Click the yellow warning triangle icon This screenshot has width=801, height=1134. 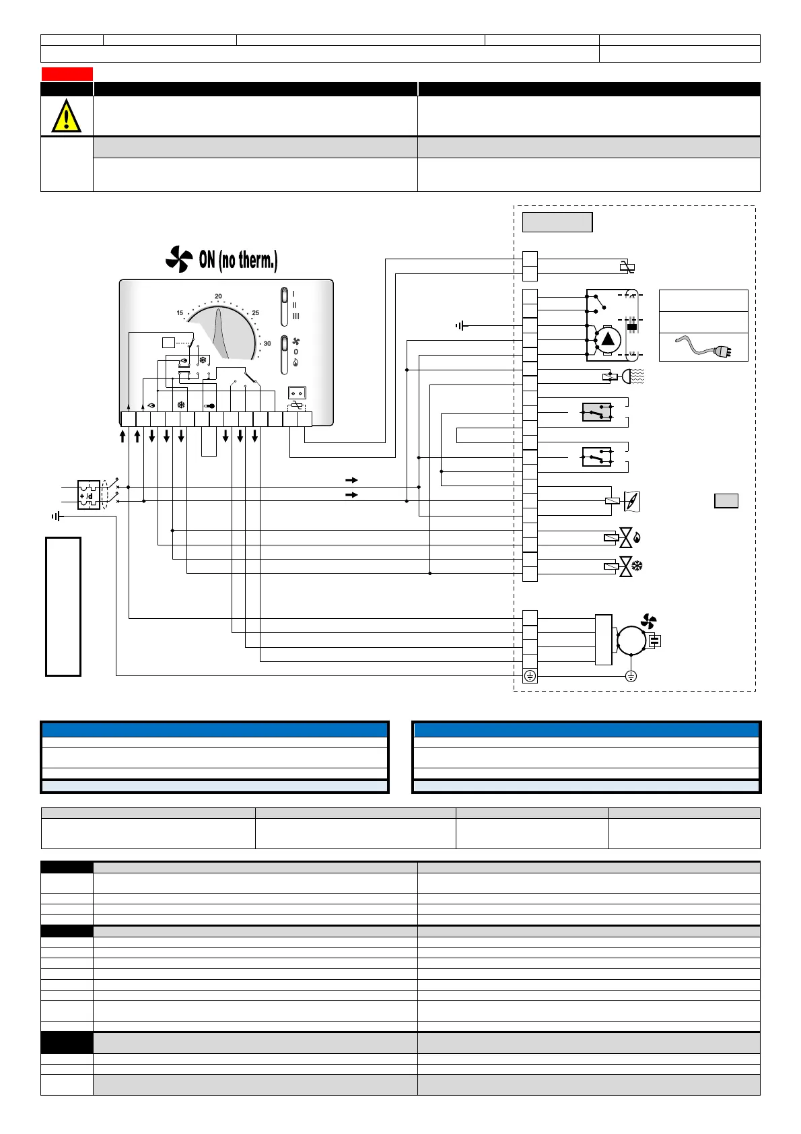pos(66,116)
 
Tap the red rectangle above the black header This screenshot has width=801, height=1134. pos(67,74)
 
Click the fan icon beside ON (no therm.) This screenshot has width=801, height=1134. pos(179,259)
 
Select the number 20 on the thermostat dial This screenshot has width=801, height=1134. pos(218,296)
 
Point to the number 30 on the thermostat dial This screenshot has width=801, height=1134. pos(267,343)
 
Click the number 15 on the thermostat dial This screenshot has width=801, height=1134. pos(180,313)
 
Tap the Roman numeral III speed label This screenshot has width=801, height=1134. pos(295,316)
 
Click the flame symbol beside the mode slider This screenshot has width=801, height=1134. pos(295,362)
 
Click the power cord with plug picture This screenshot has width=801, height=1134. pos(703,347)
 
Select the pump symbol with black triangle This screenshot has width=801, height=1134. pos(607,339)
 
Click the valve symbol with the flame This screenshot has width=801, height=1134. pos(627,537)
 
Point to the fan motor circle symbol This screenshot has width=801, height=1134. pos(631,640)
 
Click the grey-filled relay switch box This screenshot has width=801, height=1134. pos(596,412)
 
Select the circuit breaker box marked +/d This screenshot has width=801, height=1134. pos(89,494)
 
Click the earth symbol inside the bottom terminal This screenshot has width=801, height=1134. pos(530,676)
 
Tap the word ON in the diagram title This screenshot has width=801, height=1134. pos(207,260)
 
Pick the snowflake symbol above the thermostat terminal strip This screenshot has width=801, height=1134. pos(180,405)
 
